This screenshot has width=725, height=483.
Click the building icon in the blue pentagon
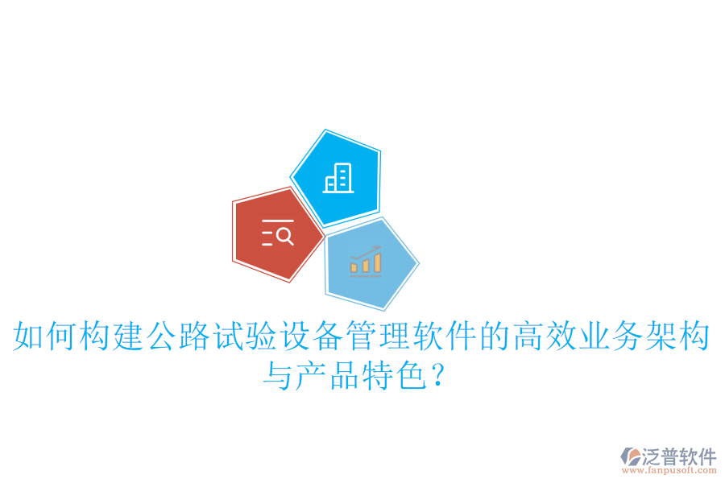point(338,178)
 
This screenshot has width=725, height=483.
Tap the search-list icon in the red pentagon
point(277,233)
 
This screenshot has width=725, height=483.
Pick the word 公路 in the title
point(179,336)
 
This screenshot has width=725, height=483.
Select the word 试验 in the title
point(245,336)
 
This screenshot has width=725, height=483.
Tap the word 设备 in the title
point(312,336)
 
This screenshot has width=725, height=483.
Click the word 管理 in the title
point(379,336)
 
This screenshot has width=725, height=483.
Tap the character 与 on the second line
point(278,376)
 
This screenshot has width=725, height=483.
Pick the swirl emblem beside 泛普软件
point(630,458)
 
